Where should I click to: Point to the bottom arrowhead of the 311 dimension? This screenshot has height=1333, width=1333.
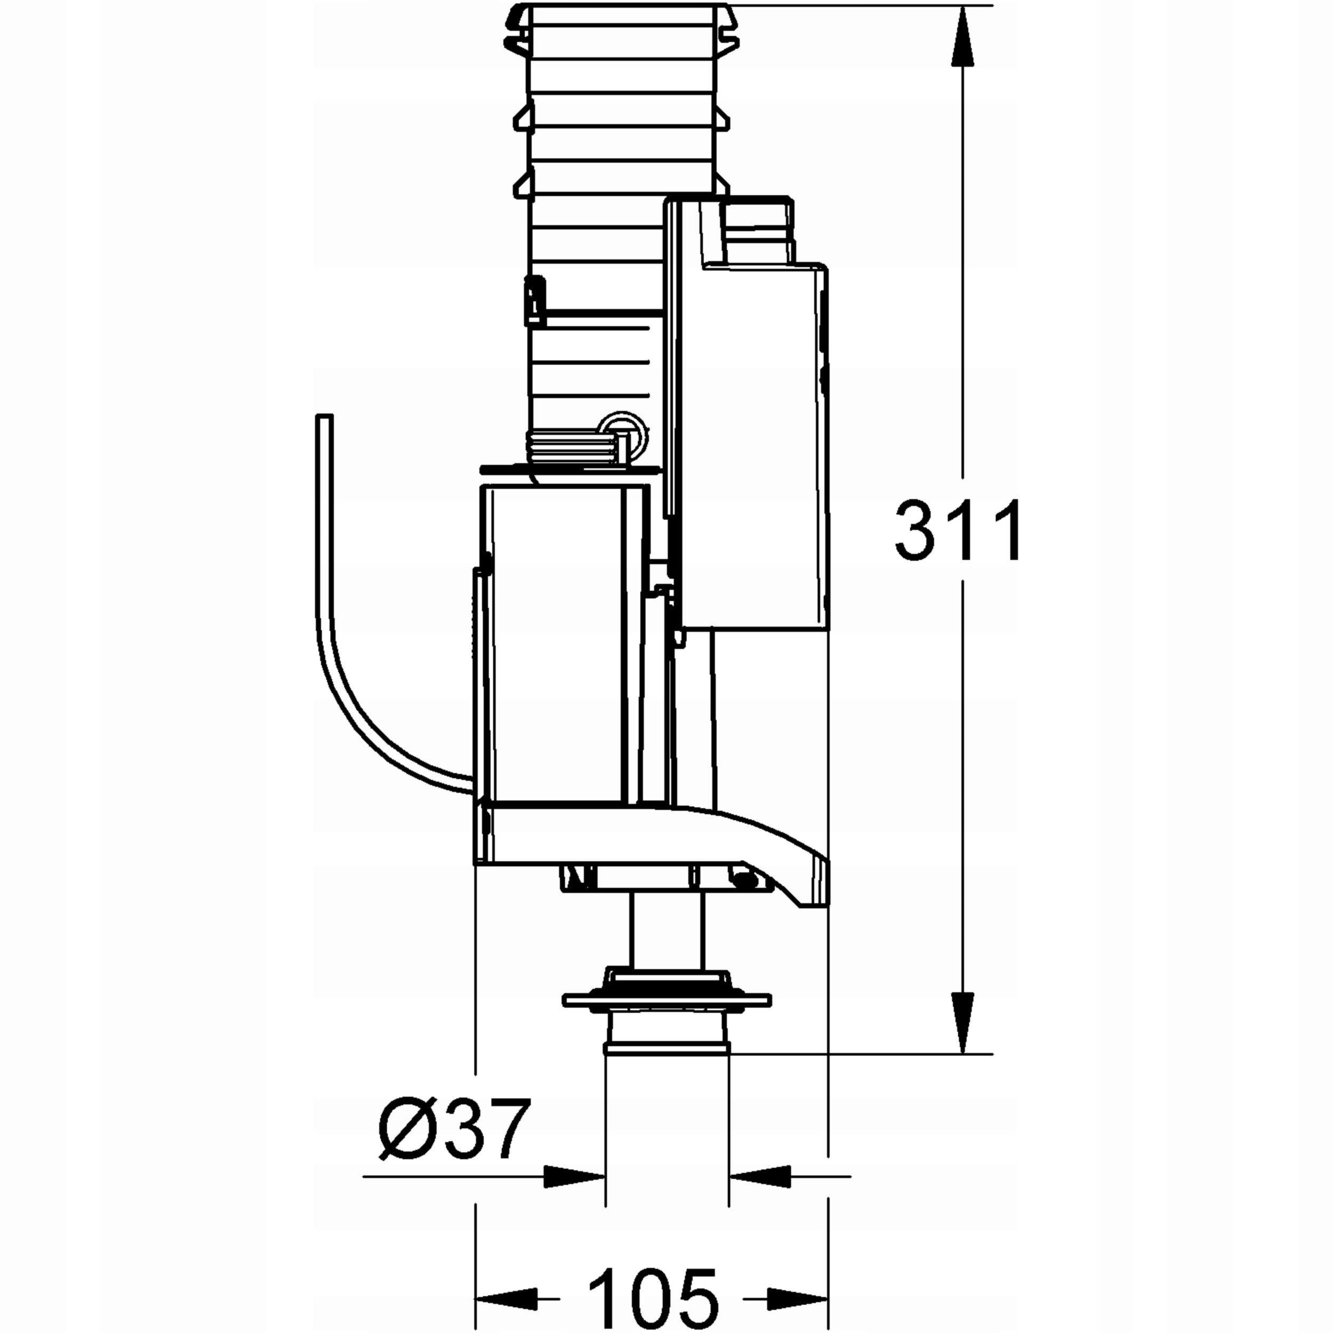(x=963, y=1023)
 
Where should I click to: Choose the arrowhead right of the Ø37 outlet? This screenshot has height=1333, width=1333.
(x=760, y=1176)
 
